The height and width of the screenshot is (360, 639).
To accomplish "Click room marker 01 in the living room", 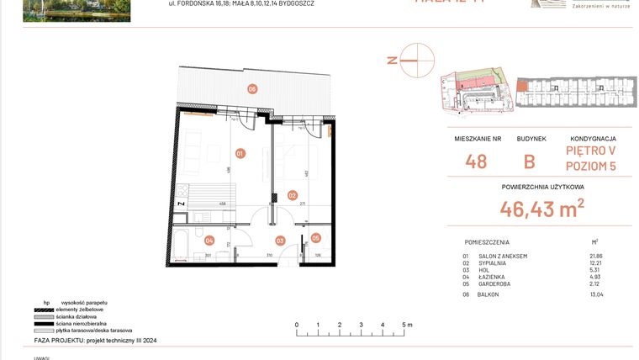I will pyautogui.click(x=240, y=153).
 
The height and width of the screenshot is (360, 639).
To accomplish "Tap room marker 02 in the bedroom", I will pyautogui.click(x=293, y=195).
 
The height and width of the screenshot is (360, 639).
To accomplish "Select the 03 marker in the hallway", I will pyautogui.click(x=281, y=241).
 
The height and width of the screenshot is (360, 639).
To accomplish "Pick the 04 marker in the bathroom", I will pyautogui.click(x=209, y=240).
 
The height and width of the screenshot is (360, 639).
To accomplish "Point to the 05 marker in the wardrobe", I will pyautogui.click(x=316, y=238).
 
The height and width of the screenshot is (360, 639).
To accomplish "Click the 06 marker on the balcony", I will pyautogui.click(x=251, y=89).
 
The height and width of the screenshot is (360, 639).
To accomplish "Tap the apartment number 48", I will pyautogui.click(x=476, y=161).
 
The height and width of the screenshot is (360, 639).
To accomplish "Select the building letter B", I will pyautogui.click(x=530, y=161).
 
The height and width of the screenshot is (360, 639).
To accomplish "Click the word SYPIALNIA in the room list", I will pyautogui.click(x=494, y=263).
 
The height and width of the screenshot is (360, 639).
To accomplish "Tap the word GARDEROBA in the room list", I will pyautogui.click(x=495, y=283).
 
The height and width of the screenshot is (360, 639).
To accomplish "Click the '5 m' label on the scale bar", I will pyautogui.click(x=407, y=324).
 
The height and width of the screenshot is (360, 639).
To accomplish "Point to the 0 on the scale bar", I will pyautogui.click(x=296, y=324).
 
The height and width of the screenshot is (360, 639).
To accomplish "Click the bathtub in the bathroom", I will pyautogui.click(x=193, y=244).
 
